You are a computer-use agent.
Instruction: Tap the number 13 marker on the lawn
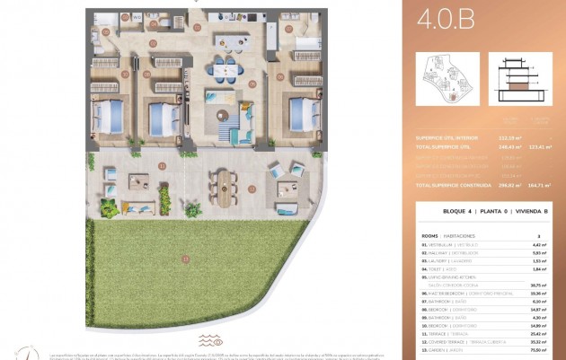[x=186, y=259]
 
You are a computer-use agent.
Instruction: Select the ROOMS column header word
[x=428, y=234]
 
